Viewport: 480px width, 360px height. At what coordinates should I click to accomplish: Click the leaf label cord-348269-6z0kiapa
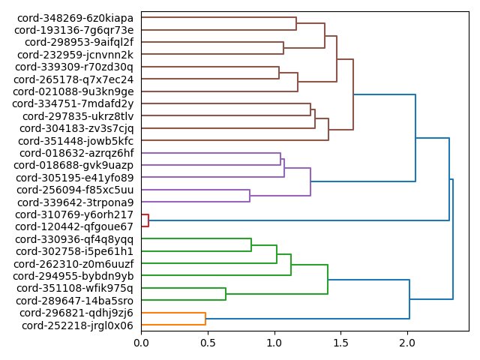click(74, 17)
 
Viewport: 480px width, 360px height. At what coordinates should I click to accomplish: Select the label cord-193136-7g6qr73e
click(74, 30)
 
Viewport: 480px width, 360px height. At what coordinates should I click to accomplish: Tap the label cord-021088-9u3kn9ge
click(74, 91)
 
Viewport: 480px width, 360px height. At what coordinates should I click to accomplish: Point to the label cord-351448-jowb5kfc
click(76, 141)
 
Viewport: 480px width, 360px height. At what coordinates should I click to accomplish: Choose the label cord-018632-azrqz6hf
click(75, 153)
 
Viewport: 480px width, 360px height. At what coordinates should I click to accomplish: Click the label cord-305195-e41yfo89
click(74, 178)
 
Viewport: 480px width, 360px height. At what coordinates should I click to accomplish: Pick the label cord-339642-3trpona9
click(76, 202)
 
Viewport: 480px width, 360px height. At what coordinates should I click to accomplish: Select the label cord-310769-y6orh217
click(74, 214)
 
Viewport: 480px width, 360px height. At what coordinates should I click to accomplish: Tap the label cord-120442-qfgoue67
click(74, 226)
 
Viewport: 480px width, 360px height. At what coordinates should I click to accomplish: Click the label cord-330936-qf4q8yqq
click(75, 239)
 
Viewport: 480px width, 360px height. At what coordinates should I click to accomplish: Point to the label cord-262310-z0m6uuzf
click(74, 264)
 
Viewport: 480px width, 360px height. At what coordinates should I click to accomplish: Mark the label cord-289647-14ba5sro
click(75, 301)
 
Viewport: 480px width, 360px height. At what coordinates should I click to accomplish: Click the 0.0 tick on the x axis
click(141, 343)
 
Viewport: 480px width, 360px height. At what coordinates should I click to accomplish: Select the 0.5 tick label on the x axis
click(208, 343)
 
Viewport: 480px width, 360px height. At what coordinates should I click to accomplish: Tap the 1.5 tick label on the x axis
click(340, 343)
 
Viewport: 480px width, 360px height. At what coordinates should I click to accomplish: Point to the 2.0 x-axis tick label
click(407, 343)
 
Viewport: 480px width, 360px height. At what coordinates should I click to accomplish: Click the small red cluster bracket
click(148, 220)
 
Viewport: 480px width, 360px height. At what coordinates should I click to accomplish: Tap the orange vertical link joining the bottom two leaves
click(205, 319)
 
